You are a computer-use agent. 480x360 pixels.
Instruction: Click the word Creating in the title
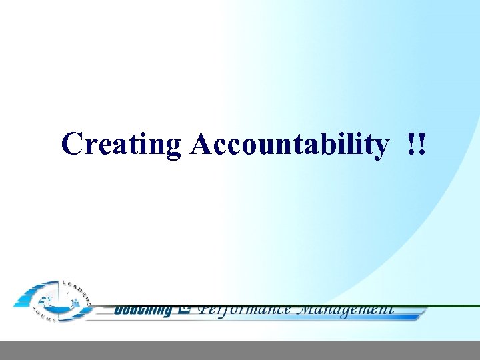(x=121, y=144)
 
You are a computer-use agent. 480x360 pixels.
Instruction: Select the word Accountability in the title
(x=289, y=144)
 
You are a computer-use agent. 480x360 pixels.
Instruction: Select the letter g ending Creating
(x=173, y=147)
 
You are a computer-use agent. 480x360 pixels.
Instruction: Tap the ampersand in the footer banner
(x=185, y=309)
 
